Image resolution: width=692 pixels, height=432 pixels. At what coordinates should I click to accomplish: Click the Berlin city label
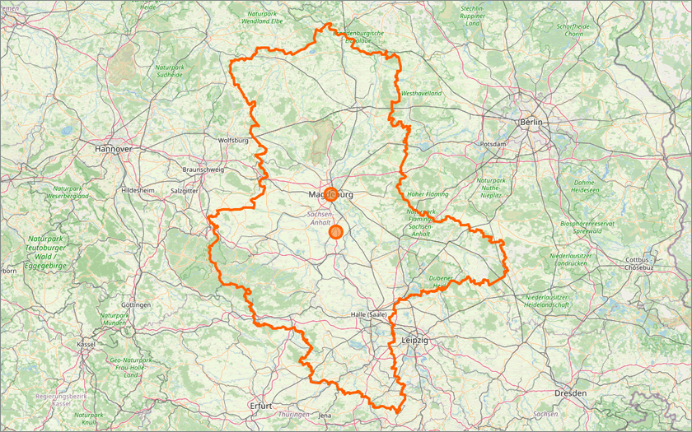[533, 123]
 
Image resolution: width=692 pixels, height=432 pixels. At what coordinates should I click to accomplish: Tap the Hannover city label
[114, 149]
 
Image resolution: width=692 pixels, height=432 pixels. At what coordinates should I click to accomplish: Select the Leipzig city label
[415, 339]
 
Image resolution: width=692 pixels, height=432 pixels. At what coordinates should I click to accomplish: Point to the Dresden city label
[570, 393]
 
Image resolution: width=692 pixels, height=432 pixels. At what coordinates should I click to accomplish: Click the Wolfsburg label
[232, 141]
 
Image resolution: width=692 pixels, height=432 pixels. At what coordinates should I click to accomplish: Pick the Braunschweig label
[202, 170]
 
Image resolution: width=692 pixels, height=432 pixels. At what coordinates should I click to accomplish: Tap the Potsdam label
[493, 144]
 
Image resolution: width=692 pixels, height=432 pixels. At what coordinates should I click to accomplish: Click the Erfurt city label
[260, 406]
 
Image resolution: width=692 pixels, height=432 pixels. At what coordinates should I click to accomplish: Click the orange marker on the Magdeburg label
[331, 195]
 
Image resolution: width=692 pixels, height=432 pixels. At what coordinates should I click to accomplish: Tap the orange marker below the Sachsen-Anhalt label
[335, 233]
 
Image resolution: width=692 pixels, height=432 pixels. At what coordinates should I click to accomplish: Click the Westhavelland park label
[422, 94]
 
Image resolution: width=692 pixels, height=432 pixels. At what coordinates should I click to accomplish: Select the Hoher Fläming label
[426, 195]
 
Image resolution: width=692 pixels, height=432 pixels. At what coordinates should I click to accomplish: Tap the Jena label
[325, 416]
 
